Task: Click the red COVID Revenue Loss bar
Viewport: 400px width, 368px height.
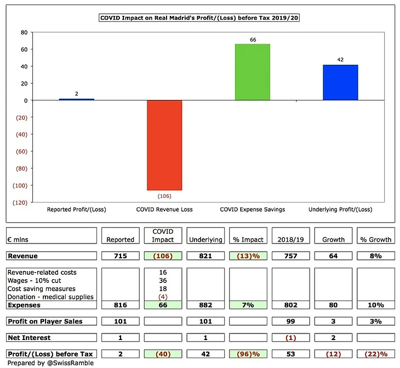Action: coord(164,145)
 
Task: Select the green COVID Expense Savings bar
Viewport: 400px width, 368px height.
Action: coord(252,72)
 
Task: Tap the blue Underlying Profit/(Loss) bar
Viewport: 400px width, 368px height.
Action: coord(340,82)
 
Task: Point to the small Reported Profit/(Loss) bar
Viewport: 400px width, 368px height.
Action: coord(76,99)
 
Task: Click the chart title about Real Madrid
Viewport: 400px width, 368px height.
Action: coord(199,18)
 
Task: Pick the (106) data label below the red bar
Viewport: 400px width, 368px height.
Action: coord(164,195)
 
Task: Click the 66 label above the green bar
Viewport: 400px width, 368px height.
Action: coord(253,39)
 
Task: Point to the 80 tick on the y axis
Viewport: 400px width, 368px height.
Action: coord(24,32)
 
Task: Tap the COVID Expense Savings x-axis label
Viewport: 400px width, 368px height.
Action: coord(252,210)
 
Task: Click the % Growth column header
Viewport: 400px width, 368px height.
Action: coord(375,239)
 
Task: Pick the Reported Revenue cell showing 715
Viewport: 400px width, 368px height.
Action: coord(121,255)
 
